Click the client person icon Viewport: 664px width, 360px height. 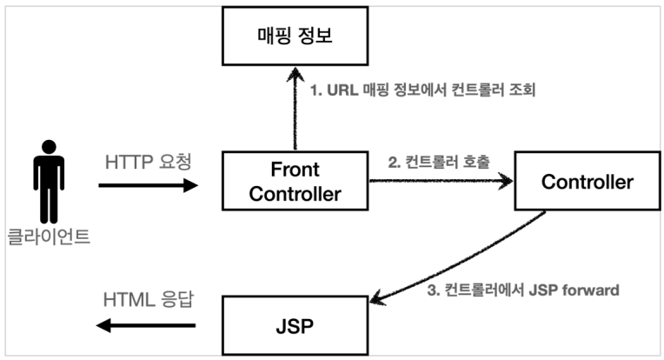point(50,182)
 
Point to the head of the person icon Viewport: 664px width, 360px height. point(50,147)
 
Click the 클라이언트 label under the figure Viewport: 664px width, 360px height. point(50,237)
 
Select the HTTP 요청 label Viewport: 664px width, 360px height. point(149,162)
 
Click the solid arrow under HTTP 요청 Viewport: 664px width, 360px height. point(149,185)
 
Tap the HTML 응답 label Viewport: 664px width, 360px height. point(149,299)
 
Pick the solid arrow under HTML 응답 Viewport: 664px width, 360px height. point(146,325)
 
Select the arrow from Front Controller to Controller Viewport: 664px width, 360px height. point(441,181)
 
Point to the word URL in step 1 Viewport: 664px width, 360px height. point(342,90)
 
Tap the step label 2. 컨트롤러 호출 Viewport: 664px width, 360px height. point(439,162)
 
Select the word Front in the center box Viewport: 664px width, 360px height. point(295,170)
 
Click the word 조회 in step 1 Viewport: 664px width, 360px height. point(522,90)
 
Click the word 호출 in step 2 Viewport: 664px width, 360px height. point(476,162)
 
